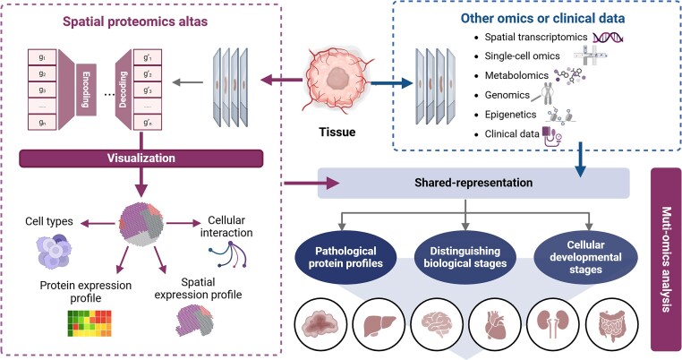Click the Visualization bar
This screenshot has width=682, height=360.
pos(141,159)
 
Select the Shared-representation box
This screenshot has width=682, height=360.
pos(473,183)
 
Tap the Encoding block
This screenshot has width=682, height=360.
pos(86,90)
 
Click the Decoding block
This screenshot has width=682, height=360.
pos(124,90)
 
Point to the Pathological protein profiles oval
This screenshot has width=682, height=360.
pos(345,257)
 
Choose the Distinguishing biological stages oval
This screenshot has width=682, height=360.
pos(465,257)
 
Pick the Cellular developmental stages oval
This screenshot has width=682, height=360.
pos(585,257)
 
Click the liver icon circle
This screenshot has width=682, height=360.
pos(379,324)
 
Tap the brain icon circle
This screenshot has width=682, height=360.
pos(437,324)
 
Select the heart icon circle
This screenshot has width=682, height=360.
pos(496,324)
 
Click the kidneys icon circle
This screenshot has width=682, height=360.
pos(553,324)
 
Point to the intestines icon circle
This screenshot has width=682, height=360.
pos(612,324)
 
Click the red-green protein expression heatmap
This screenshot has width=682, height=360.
pos(90,323)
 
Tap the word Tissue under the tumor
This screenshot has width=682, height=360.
pos(337,132)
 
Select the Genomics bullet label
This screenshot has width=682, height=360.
pos(507,95)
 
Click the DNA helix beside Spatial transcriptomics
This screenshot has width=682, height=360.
pos(608,38)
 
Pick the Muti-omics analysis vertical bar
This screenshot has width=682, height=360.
pos(666,260)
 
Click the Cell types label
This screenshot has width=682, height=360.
pos(49,221)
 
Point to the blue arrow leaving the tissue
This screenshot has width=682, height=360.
pos(390,83)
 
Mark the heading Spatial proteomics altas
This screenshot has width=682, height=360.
pos(135,21)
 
